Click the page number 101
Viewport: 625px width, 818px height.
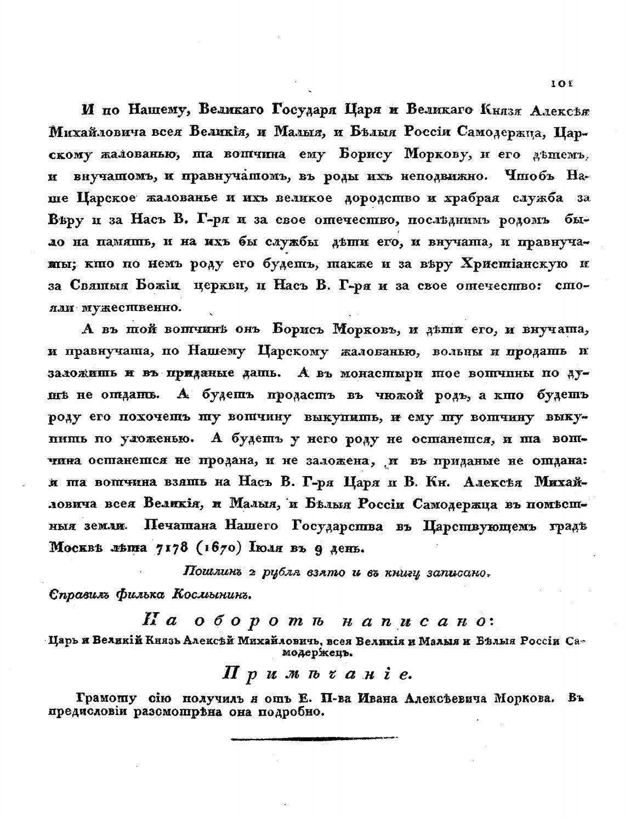558,84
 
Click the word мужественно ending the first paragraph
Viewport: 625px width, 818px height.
131,307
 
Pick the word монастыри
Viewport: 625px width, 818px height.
379,373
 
